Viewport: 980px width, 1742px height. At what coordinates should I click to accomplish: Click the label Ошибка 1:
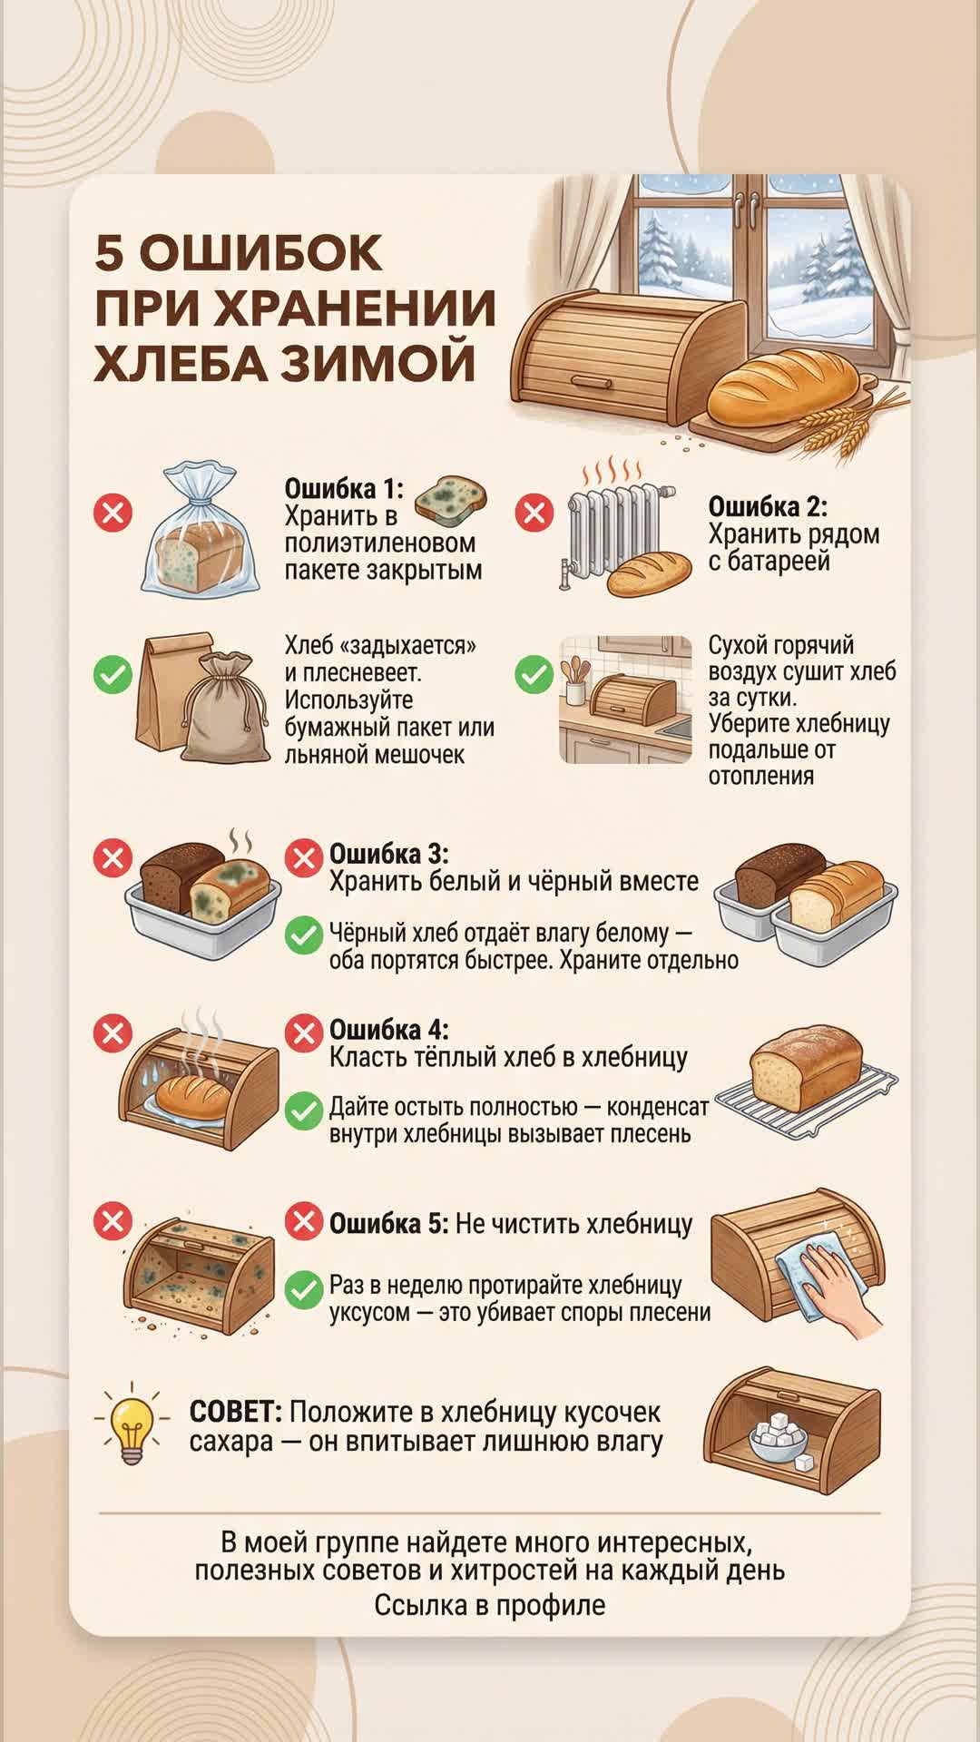tap(344, 488)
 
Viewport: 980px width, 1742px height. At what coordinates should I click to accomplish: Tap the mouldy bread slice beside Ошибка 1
tap(450, 501)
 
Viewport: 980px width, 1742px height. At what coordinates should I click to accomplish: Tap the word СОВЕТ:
tap(236, 1412)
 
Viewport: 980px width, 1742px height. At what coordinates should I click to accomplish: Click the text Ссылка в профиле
tap(490, 1605)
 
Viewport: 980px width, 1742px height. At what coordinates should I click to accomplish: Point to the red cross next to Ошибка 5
tap(304, 1221)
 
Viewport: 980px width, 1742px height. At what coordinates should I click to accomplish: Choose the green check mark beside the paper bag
tap(113, 675)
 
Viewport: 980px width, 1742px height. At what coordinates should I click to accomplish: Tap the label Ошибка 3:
tap(388, 854)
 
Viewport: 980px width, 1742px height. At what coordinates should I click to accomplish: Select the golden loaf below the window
tap(783, 387)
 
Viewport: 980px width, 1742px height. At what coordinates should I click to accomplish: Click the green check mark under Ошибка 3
tap(304, 935)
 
